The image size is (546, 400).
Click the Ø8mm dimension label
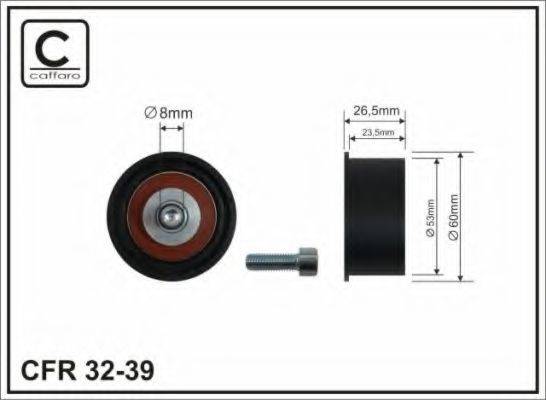(170, 113)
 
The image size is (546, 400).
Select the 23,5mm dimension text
(377, 132)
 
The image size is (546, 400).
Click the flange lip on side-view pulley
(348, 214)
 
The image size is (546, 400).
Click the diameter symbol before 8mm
(150, 113)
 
